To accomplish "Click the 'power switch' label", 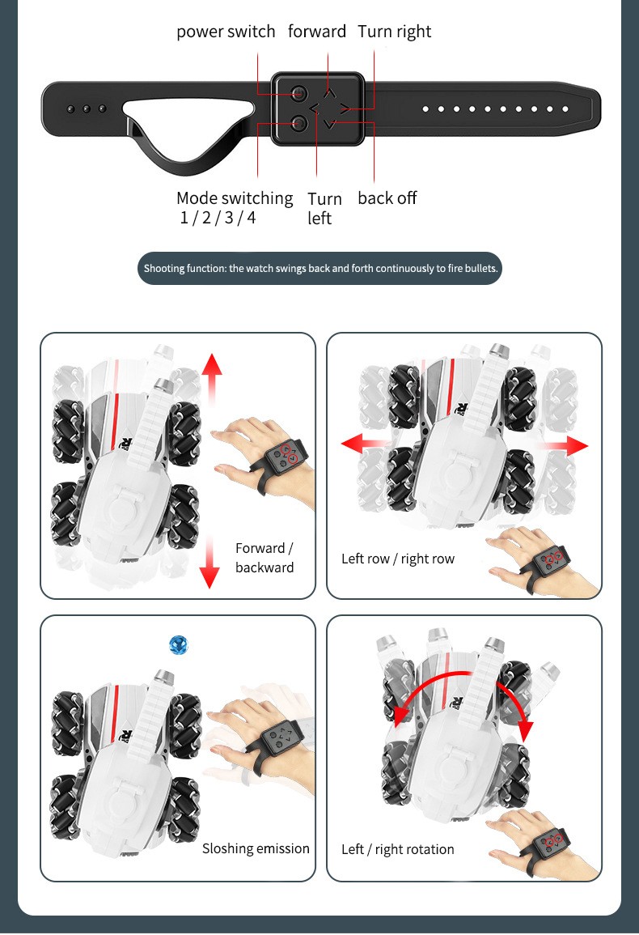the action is point(226,32).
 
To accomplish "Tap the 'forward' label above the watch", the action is point(316,31).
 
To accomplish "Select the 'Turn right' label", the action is point(394,32).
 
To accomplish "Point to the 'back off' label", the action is point(387,198).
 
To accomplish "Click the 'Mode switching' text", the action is point(235,198).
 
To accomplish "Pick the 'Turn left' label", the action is point(324,208).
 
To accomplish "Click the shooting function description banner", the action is point(319,268).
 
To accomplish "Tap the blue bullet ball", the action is point(179,644).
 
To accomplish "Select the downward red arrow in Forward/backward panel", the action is point(209,562).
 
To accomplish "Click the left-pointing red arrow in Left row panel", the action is point(365,443).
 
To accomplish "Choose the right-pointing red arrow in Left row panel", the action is point(563,445).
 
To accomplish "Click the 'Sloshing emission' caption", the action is point(256,848).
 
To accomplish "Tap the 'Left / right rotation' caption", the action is point(398,849).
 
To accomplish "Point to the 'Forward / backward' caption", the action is point(264,558).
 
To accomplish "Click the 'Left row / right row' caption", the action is point(398,559).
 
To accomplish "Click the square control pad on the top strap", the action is point(318,108).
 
